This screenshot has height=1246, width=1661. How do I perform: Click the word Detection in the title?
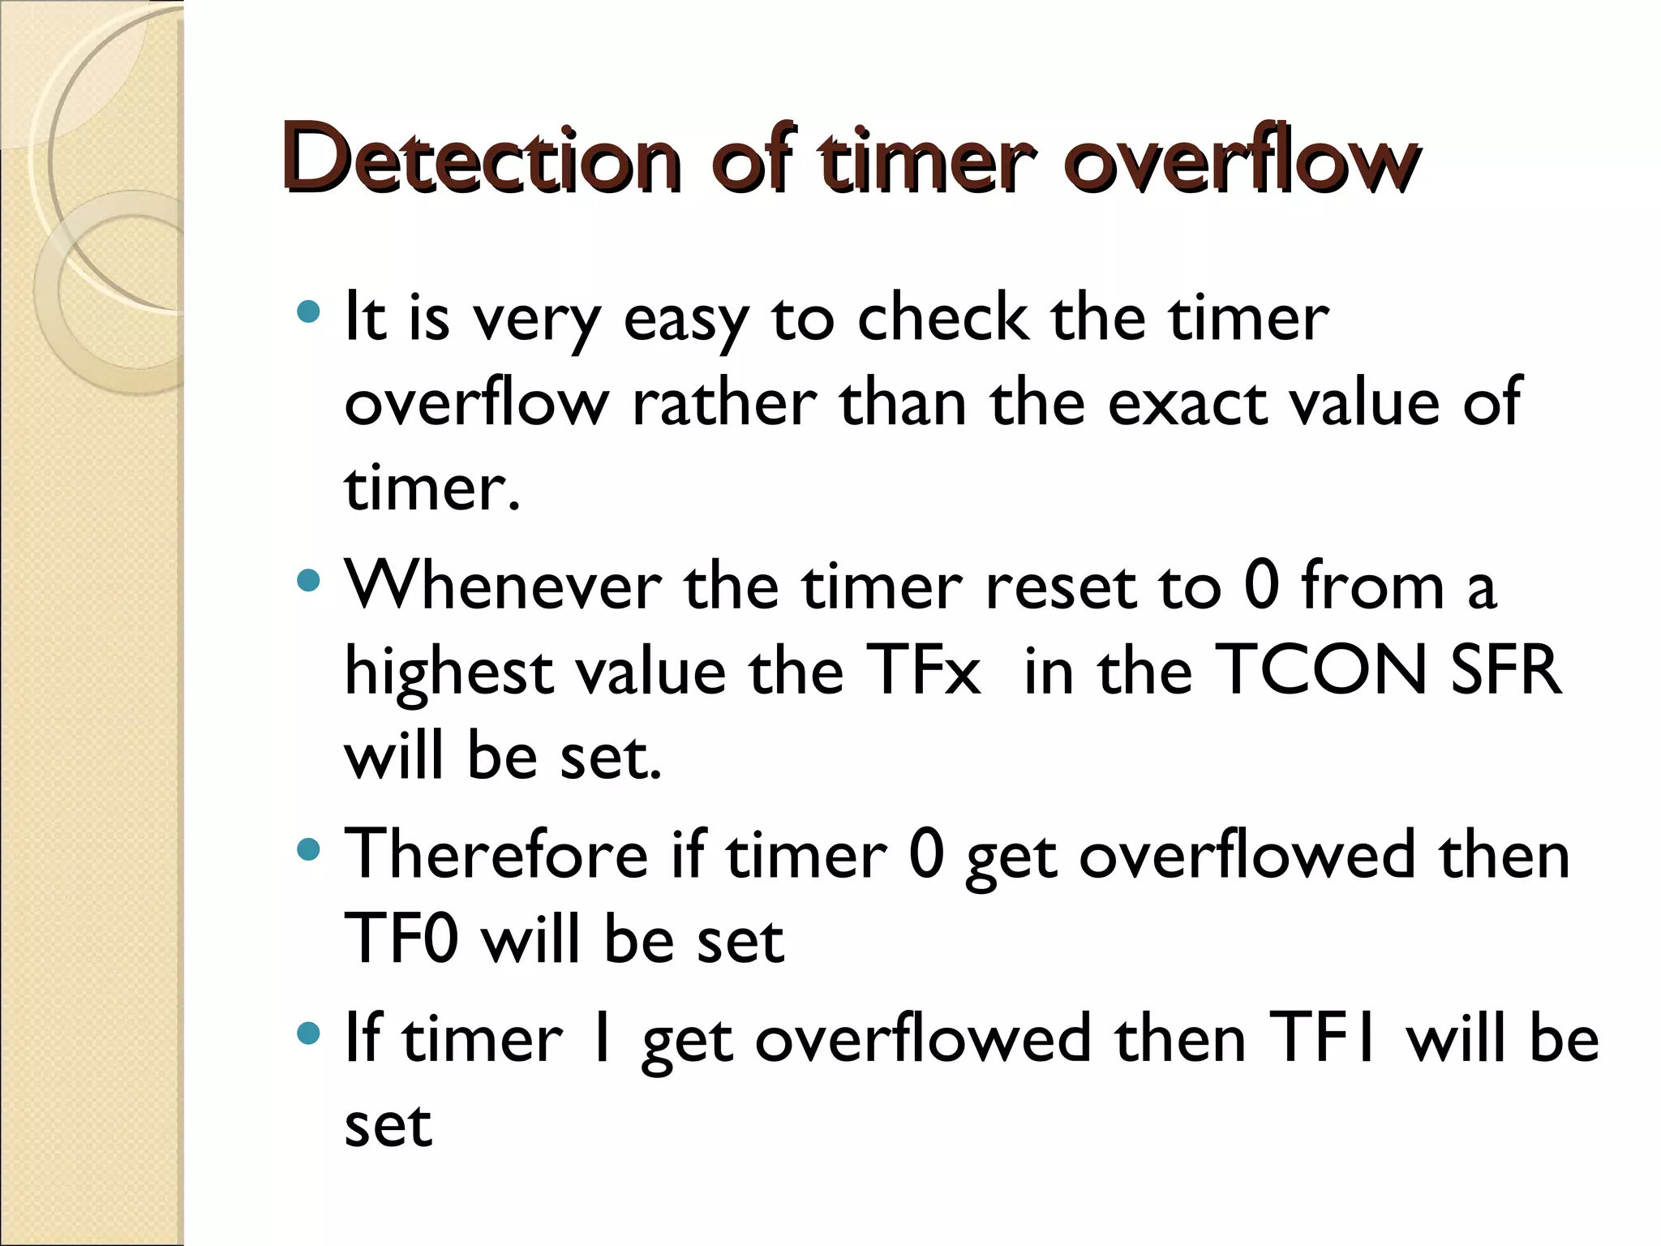[482, 160]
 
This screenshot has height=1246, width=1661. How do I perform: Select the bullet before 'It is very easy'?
[309, 311]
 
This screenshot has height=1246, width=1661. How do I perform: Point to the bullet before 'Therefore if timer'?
[309, 849]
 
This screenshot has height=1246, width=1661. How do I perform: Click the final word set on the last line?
[388, 1126]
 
